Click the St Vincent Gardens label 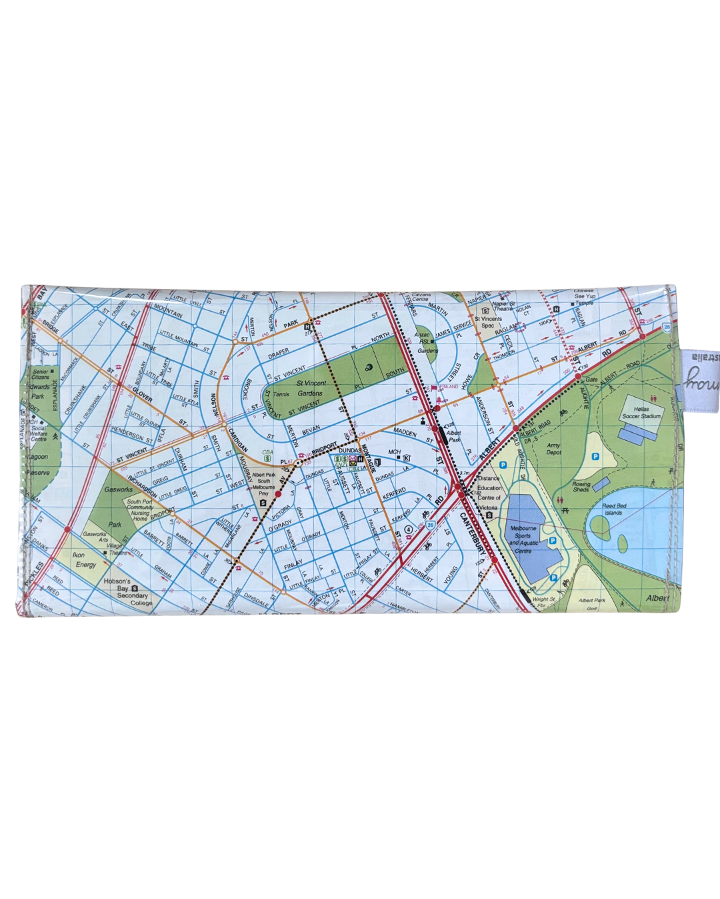[x=311, y=388]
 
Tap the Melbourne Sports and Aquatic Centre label [x=523, y=539]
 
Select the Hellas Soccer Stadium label [x=641, y=413]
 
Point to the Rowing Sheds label [x=581, y=487]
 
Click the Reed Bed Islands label [x=613, y=509]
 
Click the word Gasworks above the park [x=118, y=489]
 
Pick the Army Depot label [x=553, y=449]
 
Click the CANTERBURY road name [x=472, y=533]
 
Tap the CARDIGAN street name [x=238, y=440]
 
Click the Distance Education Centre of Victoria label [x=489, y=493]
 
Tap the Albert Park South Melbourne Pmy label [x=264, y=484]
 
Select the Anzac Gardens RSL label [x=425, y=342]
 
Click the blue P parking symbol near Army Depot [x=595, y=456]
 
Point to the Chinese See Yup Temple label [x=584, y=297]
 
